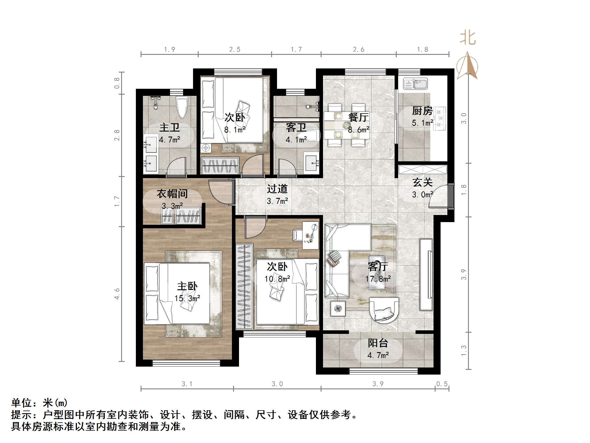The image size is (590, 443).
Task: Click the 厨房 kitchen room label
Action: [x=422, y=111]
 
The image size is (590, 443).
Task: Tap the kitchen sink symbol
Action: [x=415, y=84]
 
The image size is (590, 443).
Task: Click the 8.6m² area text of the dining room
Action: [x=358, y=130]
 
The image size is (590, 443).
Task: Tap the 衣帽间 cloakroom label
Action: [x=172, y=194]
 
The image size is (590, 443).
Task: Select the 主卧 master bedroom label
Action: [x=187, y=286]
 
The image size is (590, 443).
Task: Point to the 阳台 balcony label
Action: [x=378, y=343]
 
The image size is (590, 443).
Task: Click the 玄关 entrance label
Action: [x=422, y=182]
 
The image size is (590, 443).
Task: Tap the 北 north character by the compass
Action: [x=468, y=38]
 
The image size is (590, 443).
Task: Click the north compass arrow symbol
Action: [x=467, y=66]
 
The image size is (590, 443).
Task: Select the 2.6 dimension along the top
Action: [x=358, y=50]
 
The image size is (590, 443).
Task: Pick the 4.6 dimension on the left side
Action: [x=117, y=294]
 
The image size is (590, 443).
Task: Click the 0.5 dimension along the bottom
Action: [x=442, y=384]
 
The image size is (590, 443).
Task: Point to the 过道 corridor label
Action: [x=277, y=189]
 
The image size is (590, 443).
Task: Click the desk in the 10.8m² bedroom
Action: [x=310, y=236]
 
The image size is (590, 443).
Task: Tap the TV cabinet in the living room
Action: [x=426, y=274]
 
